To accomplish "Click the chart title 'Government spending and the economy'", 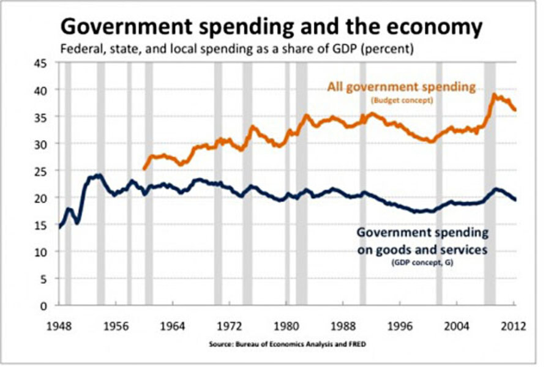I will pos(270,27).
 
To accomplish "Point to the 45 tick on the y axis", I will pos(43,62).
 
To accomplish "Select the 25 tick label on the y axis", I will pos(43,171).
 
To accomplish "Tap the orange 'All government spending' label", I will pos(401,87).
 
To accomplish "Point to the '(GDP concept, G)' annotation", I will pos(422,262).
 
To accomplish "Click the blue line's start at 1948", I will pos(59,227).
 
